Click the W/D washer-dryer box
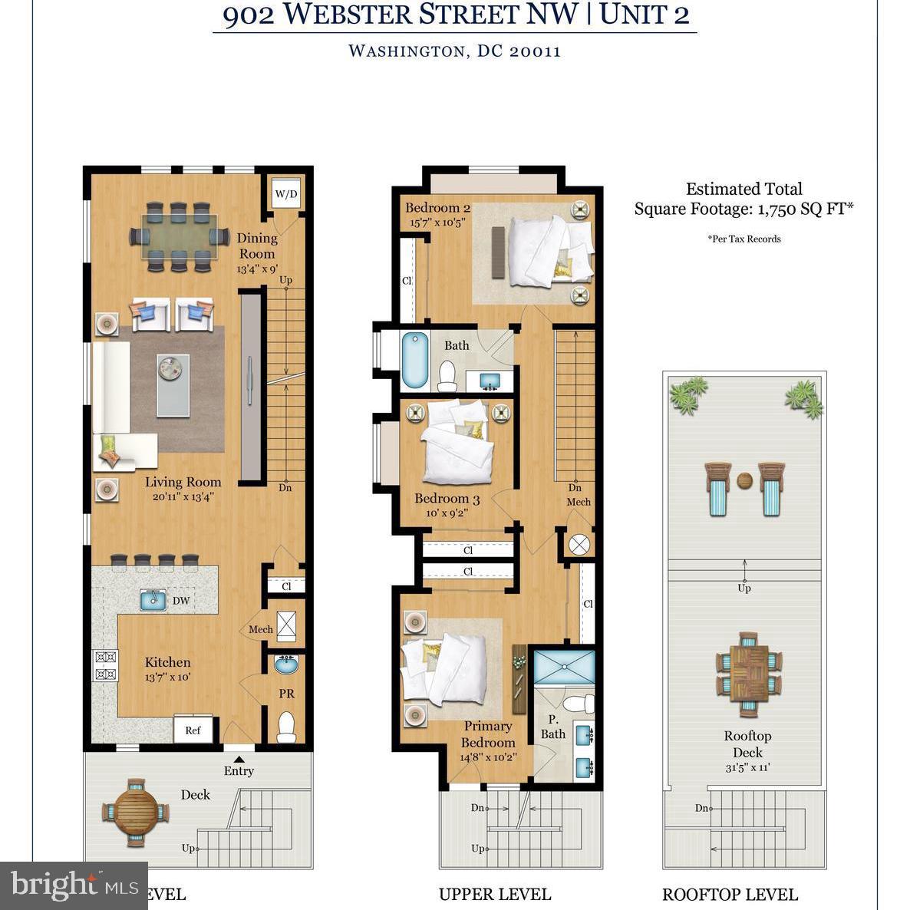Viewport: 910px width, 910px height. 285,194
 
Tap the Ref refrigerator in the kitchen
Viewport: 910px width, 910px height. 193,730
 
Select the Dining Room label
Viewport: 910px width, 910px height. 256,246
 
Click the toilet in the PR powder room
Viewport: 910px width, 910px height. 286,727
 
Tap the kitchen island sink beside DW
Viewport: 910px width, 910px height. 153,600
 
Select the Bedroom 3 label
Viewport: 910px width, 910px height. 447,499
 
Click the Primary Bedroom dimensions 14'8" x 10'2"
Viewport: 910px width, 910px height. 488,757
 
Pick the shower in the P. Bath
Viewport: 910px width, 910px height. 564,667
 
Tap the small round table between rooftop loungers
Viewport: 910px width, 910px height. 744,482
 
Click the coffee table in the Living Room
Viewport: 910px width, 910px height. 173,384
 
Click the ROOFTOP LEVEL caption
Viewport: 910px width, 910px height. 730,894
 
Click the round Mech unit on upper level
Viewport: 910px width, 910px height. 579,544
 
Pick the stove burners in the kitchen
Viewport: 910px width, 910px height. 105,665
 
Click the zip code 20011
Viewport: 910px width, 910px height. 534,51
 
